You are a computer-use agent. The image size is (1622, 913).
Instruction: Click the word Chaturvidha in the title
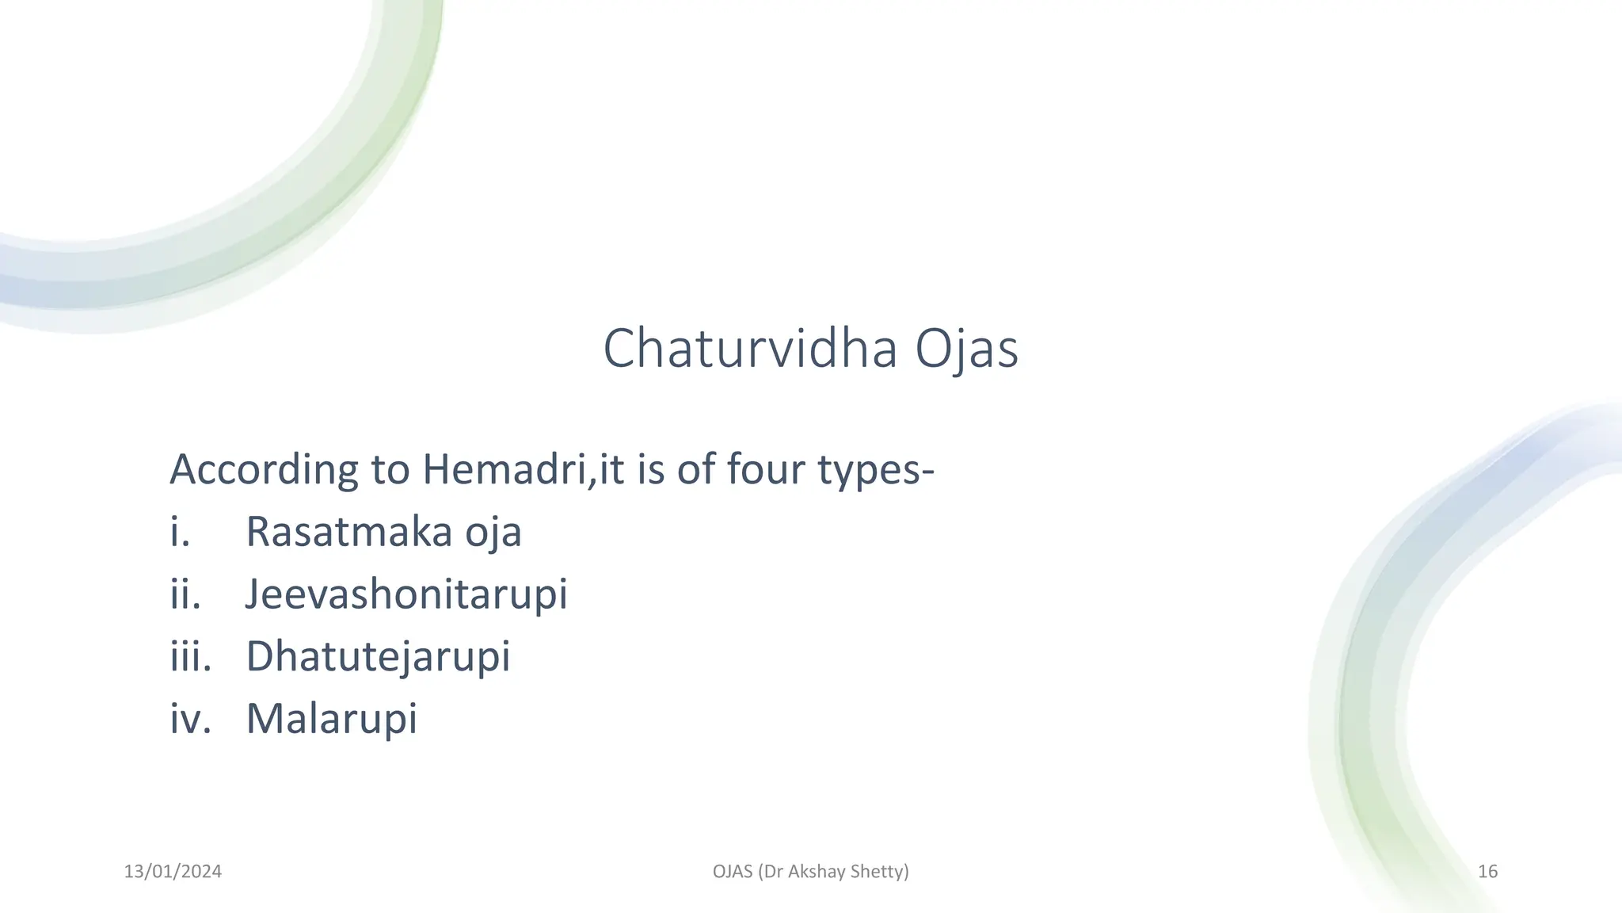pyautogui.click(x=749, y=349)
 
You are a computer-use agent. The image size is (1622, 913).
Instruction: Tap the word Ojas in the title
pyautogui.click(x=966, y=349)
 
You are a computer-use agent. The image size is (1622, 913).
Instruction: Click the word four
pyautogui.click(x=766, y=469)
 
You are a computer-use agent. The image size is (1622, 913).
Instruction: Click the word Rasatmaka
pyautogui.click(x=348, y=532)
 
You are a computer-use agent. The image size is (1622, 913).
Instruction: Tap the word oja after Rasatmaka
pyautogui.click(x=493, y=532)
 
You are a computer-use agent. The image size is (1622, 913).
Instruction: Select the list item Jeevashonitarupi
pyautogui.click(x=406, y=594)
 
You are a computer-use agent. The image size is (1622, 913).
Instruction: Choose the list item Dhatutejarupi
pyautogui.click(x=378, y=656)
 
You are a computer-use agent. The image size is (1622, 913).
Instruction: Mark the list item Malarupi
pyautogui.click(x=331, y=718)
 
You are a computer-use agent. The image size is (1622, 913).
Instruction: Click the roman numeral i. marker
pyautogui.click(x=180, y=532)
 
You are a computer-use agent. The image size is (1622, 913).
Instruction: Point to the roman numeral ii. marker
pyautogui.click(x=185, y=594)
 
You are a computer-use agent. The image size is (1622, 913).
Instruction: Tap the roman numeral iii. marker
pyautogui.click(x=190, y=656)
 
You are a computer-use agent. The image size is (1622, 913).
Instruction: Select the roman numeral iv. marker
pyautogui.click(x=190, y=718)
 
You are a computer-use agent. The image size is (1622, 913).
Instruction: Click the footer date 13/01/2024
pyautogui.click(x=173, y=872)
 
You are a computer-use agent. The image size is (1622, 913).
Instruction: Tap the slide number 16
pyautogui.click(x=1487, y=872)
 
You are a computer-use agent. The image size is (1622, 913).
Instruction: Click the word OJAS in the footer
pyautogui.click(x=733, y=872)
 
